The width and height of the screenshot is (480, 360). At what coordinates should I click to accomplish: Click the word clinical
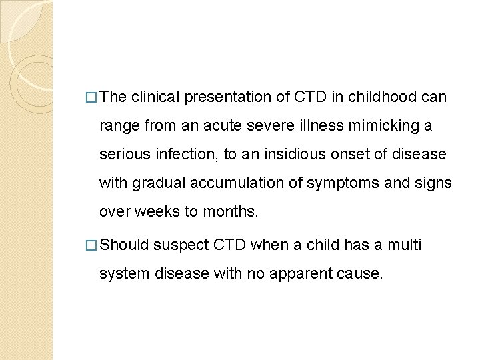pyautogui.click(x=156, y=97)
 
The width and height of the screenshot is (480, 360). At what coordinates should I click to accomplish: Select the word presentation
pyautogui.click(x=228, y=97)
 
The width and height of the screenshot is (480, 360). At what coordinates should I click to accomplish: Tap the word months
pyautogui.click(x=233, y=211)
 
